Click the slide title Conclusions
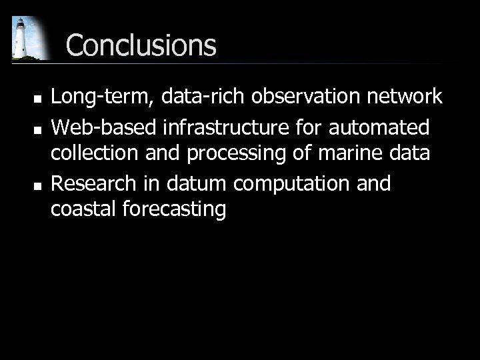click(141, 45)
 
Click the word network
click(403, 97)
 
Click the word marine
click(359, 153)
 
